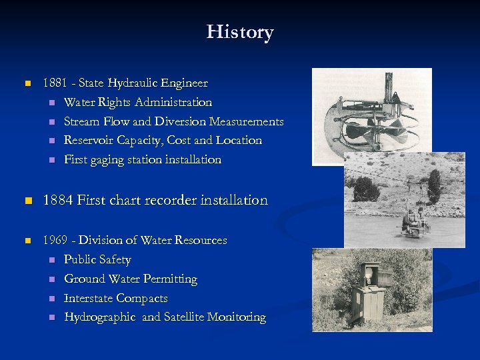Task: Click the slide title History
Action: click(x=240, y=32)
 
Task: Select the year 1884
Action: click(x=58, y=200)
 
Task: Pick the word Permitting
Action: click(x=169, y=279)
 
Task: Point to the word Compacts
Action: click(x=141, y=298)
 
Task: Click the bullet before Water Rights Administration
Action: click(x=49, y=103)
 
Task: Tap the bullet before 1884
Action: click(x=27, y=201)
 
